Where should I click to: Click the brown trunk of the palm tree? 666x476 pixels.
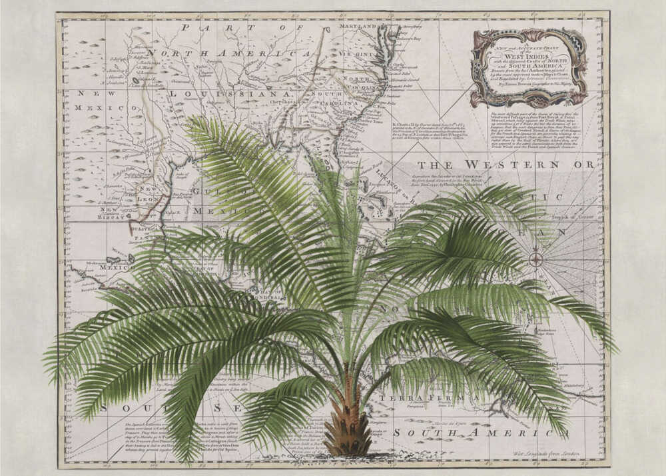pyautogui.click(x=347, y=427)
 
